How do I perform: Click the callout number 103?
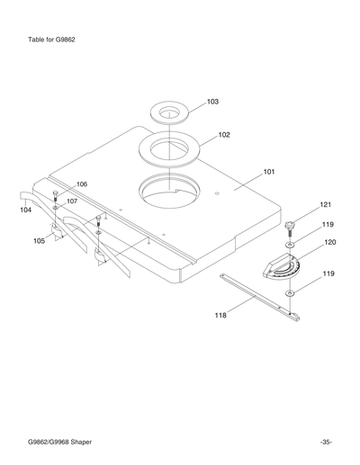coord(212,102)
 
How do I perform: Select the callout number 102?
coord(224,135)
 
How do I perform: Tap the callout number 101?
coord(269,170)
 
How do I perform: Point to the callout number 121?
coord(326,205)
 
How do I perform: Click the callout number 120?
coord(330,242)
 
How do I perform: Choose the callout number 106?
coord(82,184)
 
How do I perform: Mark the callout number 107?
coord(71,201)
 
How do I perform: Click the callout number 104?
coord(25,209)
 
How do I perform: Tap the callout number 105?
coord(40,241)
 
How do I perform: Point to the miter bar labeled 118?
coord(261,294)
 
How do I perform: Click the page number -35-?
coord(325,442)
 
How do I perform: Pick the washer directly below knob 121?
coord(289,244)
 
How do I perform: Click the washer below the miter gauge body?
coord(290,293)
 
